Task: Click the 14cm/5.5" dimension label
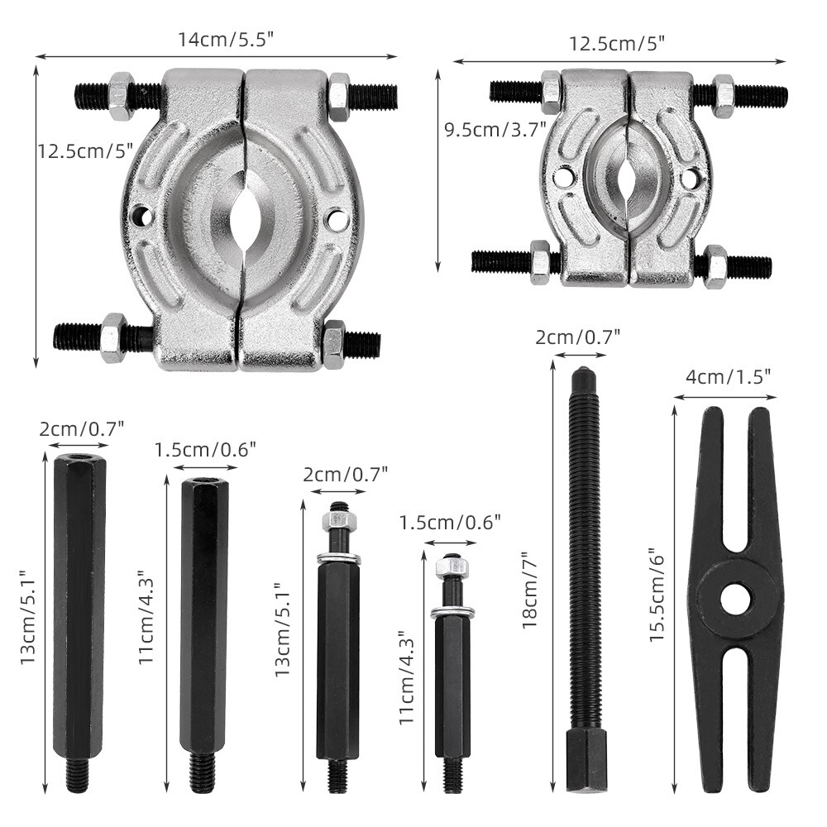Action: coord(225,40)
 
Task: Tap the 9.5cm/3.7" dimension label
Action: coord(495,129)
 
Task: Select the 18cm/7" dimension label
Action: coord(529,590)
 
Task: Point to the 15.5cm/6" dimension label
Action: coord(657,593)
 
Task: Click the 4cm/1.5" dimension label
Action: coord(728,376)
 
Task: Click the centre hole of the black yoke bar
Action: coord(736,599)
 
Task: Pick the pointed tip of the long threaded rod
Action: coord(583,370)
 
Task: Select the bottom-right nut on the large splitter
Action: coord(334,344)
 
